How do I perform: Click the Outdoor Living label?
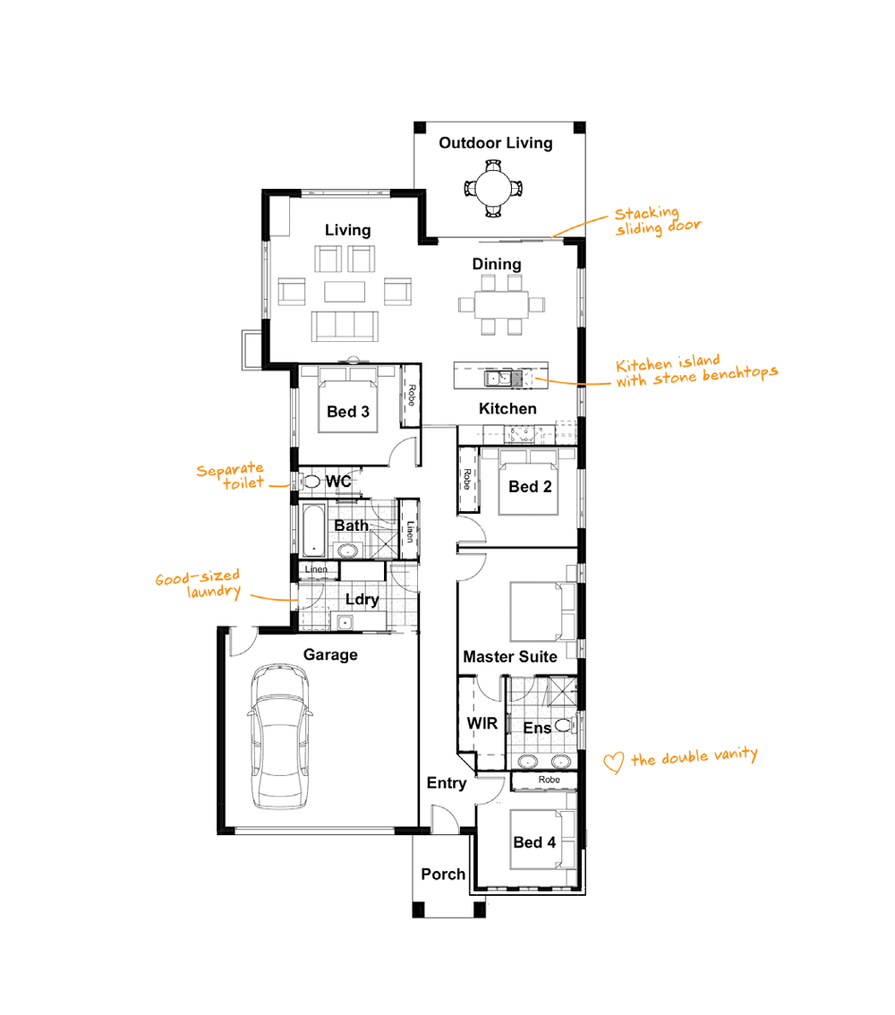point(496,143)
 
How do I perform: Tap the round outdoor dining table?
point(494,188)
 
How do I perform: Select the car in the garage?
point(279,736)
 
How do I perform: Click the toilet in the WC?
point(312,481)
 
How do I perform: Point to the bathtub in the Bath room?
point(314,530)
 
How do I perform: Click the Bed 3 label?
point(348,412)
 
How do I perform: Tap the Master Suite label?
point(510,657)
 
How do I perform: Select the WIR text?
point(482,724)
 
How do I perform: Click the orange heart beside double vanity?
point(613,763)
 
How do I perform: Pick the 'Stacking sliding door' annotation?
point(658,221)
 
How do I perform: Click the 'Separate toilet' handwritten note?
point(231,476)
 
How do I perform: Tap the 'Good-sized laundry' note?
point(199,584)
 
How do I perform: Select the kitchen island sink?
point(499,378)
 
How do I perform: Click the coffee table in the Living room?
point(345,291)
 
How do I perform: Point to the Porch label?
point(443,874)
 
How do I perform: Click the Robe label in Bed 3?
point(412,396)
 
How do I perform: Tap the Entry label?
point(447,783)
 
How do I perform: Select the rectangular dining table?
point(501,304)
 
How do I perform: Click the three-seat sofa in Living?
point(345,326)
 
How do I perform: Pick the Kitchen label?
point(508,408)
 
